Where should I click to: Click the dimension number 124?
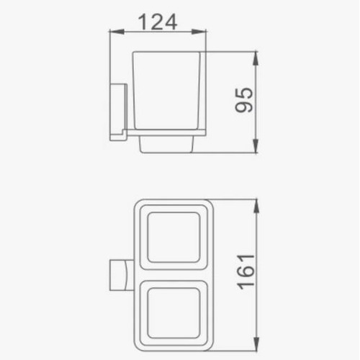point(158,22)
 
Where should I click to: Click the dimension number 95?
point(244,100)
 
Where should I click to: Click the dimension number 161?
point(246,271)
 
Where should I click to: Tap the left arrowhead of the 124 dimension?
point(117,31)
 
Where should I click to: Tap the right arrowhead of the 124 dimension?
point(199,31)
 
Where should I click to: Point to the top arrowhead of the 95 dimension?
point(256,58)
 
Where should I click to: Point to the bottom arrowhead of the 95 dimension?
point(256,145)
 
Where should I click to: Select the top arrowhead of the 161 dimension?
point(256,206)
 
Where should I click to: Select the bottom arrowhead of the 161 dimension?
point(256,344)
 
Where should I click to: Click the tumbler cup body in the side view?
point(166,91)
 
